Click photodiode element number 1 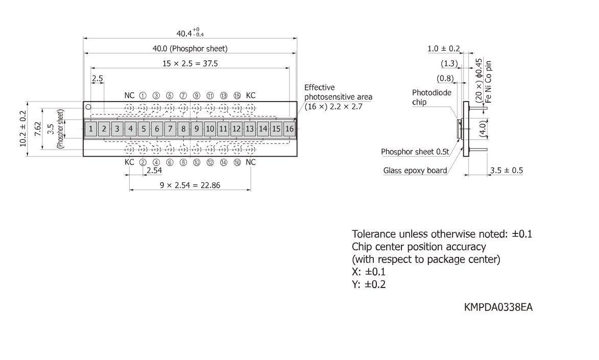coord(90,129)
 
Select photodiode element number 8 coord(183,129)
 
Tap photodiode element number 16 coord(290,129)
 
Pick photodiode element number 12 coord(236,129)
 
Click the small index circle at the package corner coord(88,107)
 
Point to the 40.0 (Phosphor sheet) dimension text coord(190,49)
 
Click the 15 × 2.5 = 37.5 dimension coord(190,63)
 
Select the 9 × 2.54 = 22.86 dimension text coord(190,185)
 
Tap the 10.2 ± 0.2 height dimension coord(23,129)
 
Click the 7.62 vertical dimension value coord(37,129)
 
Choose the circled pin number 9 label coord(197,95)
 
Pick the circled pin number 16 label coord(237,162)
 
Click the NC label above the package coord(130,95)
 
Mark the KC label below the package coord(130,162)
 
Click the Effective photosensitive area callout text coord(338,97)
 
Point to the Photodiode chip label coord(432,98)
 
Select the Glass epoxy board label coord(415,171)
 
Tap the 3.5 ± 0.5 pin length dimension coord(507,171)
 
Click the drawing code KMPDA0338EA coord(498,307)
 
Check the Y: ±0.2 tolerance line coord(369,284)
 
